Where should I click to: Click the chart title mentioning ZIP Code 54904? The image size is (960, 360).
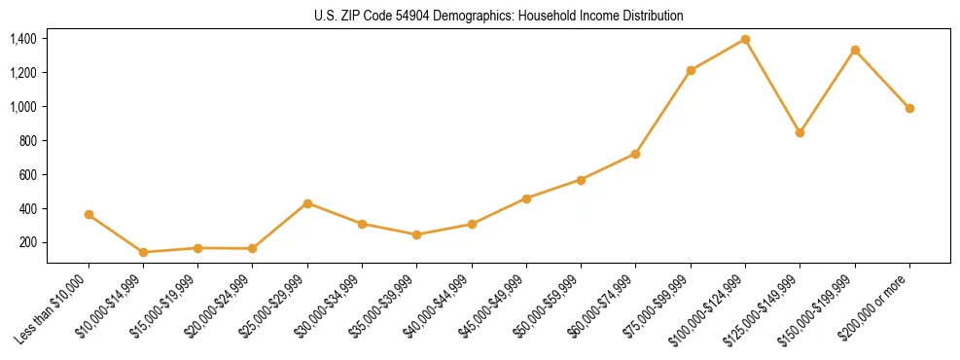point(498,16)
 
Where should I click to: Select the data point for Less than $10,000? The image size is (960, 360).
point(89,214)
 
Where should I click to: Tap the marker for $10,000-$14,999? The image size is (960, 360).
point(144,252)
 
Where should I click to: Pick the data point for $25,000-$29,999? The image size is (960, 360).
point(307,203)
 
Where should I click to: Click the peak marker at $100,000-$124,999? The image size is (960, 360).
point(745,39)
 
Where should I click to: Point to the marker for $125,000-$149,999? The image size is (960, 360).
point(800,132)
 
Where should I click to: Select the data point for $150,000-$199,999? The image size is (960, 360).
point(855,50)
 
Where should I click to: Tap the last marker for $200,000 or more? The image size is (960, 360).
point(909,108)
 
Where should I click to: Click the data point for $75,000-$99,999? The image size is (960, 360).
point(691,70)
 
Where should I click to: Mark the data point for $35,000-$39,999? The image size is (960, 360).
point(417,234)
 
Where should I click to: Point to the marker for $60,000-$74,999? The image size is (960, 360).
point(635,154)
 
